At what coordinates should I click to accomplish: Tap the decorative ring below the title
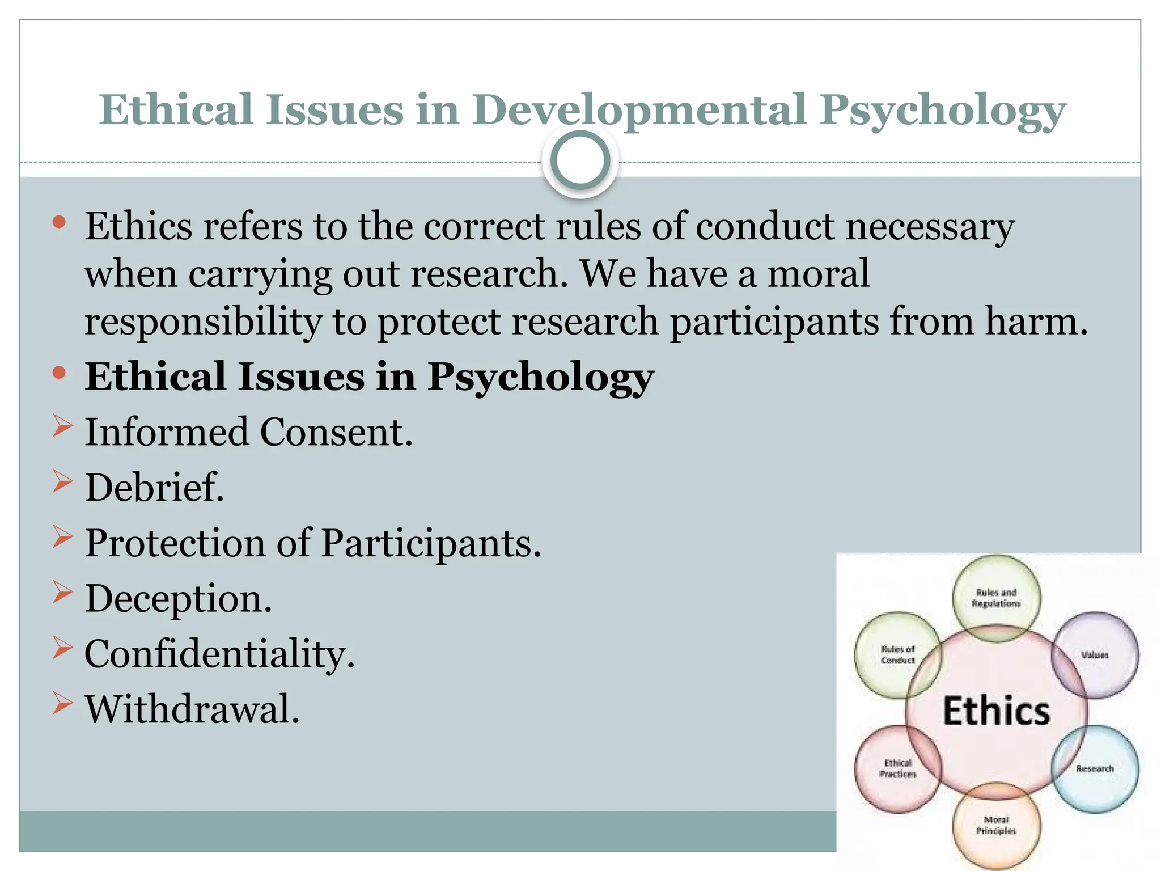coord(580,160)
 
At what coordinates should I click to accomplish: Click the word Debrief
coord(154,488)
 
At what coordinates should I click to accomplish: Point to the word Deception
coord(178,599)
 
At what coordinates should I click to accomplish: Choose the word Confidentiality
coord(219,654)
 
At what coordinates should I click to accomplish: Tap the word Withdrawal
coord(192,709)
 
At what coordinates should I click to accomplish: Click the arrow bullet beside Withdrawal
coord(62,703)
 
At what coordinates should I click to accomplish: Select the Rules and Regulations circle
coord(996,598)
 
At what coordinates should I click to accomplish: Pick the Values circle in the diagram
coord(1095,654)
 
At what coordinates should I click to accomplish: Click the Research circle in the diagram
coord(1095,768)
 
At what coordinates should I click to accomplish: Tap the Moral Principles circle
coord(996,825)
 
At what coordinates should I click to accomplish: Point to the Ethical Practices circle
coord(897,768)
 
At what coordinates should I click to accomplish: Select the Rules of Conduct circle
coord(897,654)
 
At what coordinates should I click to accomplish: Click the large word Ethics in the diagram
coord(996,711)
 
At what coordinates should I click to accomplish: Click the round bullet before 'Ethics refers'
coord(59,222)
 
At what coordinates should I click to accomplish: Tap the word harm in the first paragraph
coord(1036,322)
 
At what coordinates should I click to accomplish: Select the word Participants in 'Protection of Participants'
coord(431,543)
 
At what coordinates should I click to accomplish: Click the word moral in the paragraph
coord(818,274)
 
